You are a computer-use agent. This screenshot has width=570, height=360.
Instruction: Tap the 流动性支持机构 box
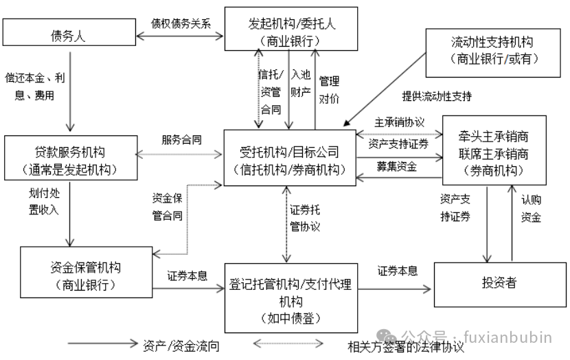click(x=492, y=51)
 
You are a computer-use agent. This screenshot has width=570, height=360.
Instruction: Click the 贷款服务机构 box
click(x=69, y=159)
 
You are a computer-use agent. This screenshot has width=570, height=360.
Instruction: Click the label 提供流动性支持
click(x=437, y=96)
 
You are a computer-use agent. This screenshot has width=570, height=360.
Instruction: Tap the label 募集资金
click(x=396, y=166)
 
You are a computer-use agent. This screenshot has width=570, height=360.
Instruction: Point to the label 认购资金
click(x=530, y=208)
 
